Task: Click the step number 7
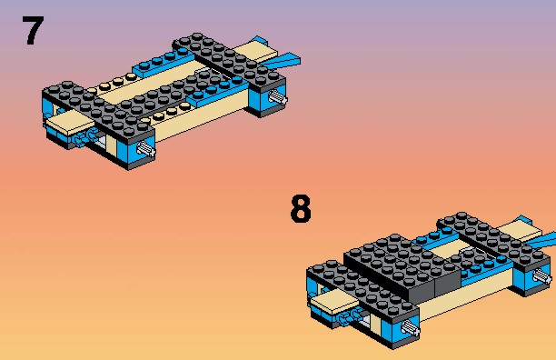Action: point(33,31)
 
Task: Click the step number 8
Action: point(301,208)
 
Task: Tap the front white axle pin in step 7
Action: point(146,148)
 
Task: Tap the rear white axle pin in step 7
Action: point(278,97)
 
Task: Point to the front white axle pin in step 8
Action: point(411,327)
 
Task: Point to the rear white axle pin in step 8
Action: point(542,276)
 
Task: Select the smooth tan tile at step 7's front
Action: point(70,123)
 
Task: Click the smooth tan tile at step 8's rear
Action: point(520,231)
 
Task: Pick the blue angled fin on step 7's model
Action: point(283,61)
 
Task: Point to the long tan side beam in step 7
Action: point(201,118)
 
